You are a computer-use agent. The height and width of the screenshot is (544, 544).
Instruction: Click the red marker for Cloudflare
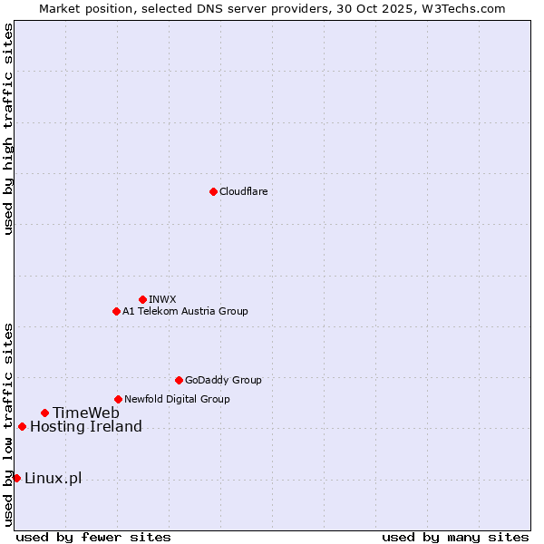pos(213,191)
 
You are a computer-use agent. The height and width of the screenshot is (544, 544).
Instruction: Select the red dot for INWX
pos(142,299)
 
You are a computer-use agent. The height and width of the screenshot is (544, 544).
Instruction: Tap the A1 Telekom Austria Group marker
pos(116,311)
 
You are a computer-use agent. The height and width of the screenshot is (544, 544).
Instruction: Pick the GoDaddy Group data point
pos(179,380)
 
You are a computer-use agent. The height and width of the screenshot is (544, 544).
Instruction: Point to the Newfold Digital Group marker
pos(118,399)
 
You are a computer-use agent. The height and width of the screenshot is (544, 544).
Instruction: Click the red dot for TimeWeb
pos(44,413)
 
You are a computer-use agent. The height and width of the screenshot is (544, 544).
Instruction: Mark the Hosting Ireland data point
pos(22,426)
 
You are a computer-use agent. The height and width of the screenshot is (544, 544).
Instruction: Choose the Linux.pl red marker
pos(16,478)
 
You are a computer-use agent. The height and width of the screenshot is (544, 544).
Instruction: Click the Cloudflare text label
pos(243,191)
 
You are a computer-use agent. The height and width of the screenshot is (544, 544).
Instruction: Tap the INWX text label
pos(162,299)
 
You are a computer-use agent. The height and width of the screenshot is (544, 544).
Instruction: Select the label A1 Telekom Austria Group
pos(185,311)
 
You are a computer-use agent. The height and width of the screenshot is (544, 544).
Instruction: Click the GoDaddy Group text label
pos(223,380)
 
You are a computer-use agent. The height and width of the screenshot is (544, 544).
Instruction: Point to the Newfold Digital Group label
pos(177,399)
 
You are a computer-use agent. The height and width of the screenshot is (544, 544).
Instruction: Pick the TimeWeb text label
pos(85,413)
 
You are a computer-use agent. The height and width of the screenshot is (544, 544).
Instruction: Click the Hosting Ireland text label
pos(86,426)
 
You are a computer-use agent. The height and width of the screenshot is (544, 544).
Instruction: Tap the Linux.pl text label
pos(53,478)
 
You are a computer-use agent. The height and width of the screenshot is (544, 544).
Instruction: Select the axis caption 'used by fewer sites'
pos(93,537)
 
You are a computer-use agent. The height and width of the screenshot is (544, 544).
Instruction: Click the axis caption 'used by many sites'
pos(455,537)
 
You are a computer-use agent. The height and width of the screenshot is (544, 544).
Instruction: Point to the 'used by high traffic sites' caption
pos(8,129)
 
